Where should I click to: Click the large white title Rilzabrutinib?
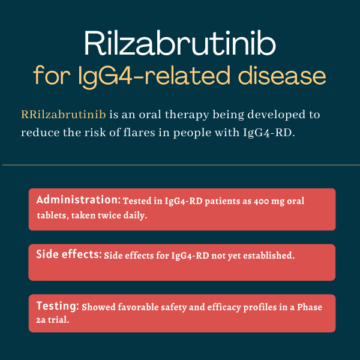pyautogui.click(x=180, y=43)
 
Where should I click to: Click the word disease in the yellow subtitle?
pyautogui.click(x=282, y=75)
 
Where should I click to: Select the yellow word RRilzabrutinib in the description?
pyautogui.click(x=64, y=115)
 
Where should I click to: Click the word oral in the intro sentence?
pyautogui.click(x=150, y=115)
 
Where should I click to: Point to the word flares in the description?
pyautogui.click(x=139, y=133)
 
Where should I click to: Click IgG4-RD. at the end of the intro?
pyautogui.click(x=269, y=133)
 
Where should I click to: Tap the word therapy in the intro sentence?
pyautogui.click(x=187, y=115)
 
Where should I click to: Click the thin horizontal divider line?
pyautogui.click(x=181, y=165)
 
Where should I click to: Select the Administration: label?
pyautogui.click(x=78, y=200)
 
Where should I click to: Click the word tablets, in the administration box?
pyautogui.click(x=53, y=215)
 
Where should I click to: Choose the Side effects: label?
pyautogui.click(x=69, y=254)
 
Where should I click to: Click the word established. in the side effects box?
pyautogui.click(x=269, y=256)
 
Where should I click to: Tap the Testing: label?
pyautogui.click(x=58, y=306)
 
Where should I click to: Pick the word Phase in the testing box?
pyautogui.click(x=310, y=307)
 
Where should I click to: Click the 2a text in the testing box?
pyautogui.click(x=41, y=320)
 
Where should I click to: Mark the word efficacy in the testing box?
pyautogui.click(x=224, y=308)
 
